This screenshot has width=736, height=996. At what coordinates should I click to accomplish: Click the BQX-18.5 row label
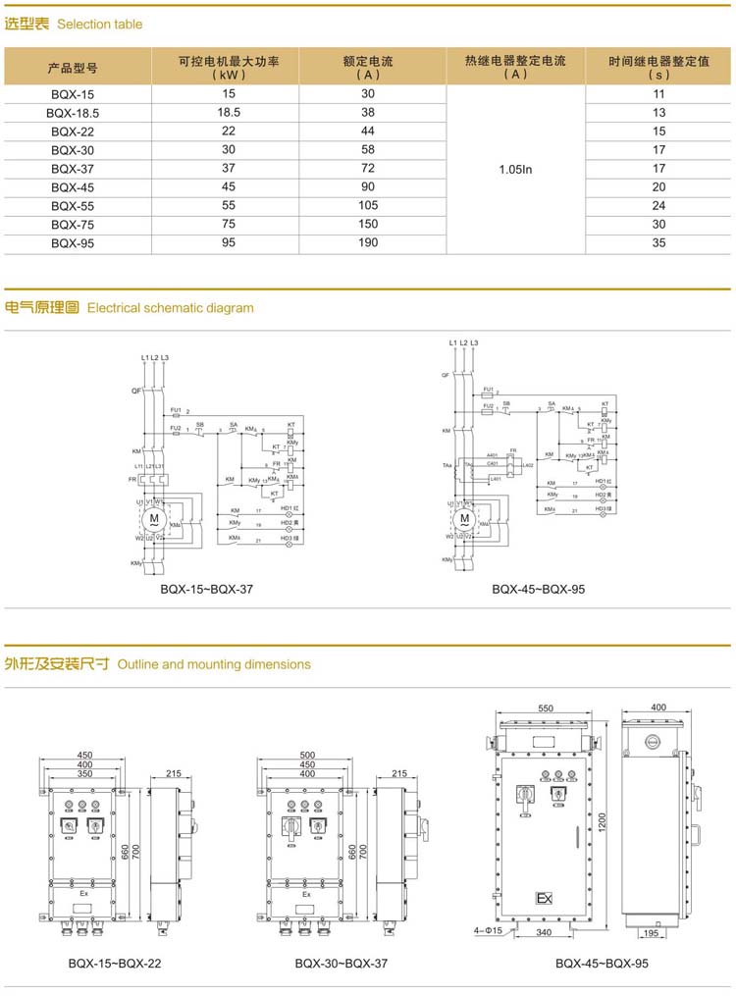coord(74,113)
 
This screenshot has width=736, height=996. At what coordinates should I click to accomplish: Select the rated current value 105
coord(368,206)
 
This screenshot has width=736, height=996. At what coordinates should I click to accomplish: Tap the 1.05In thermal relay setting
coord(515,169)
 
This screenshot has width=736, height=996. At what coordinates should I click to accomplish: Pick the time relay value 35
coord(658,243)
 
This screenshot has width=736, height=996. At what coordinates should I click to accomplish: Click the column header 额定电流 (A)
coord(368,67)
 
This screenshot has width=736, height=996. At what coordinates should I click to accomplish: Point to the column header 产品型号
coord(74,68)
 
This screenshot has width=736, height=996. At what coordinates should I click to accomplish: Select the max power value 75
coord(229,225)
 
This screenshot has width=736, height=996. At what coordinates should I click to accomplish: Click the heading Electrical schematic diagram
coord(170,308)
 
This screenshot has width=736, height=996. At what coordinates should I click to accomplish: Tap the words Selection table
coord(99,24)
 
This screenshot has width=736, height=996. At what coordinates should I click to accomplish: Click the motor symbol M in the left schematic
coord(153,517)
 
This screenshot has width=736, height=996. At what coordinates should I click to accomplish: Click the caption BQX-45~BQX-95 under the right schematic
coord(539,590)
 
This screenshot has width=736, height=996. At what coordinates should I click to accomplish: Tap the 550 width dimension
coord(546,708)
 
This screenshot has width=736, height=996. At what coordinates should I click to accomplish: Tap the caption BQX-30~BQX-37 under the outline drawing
coord(342,964)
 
